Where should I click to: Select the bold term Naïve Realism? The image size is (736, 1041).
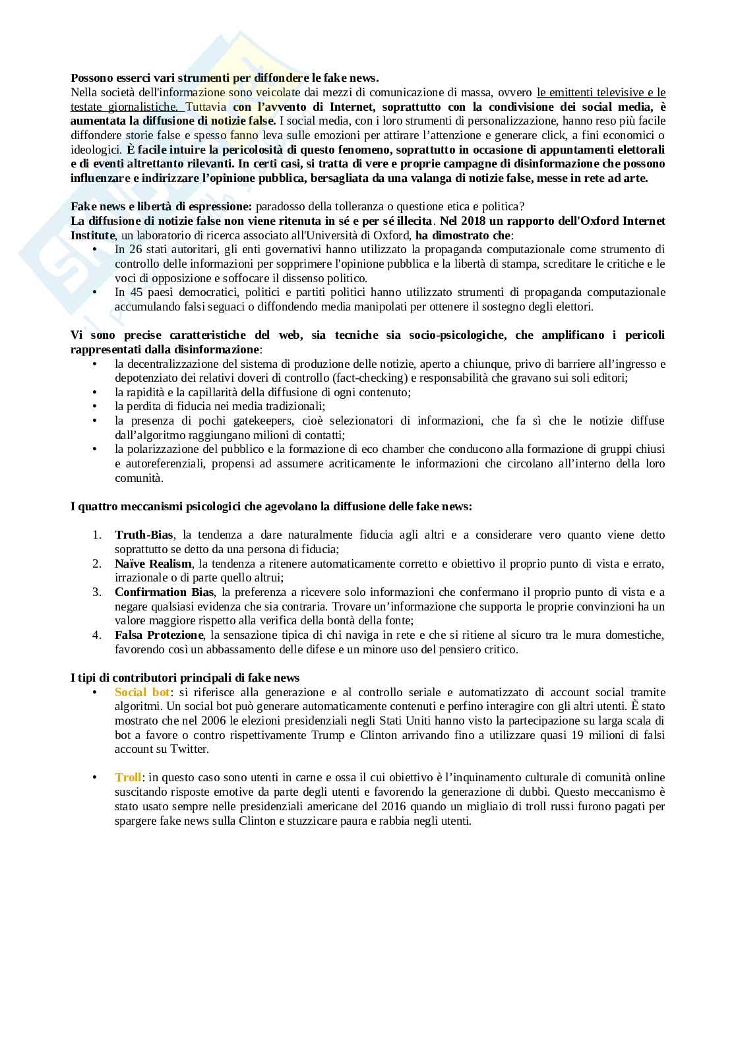point(153,564)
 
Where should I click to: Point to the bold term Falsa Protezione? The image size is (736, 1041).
point(159,635)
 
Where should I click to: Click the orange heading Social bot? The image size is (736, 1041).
point(142,692)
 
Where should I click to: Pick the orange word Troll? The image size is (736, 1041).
point(128,778)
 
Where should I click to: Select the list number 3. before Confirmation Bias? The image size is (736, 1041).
point(97,592)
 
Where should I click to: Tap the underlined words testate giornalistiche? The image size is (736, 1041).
point(124,107)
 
